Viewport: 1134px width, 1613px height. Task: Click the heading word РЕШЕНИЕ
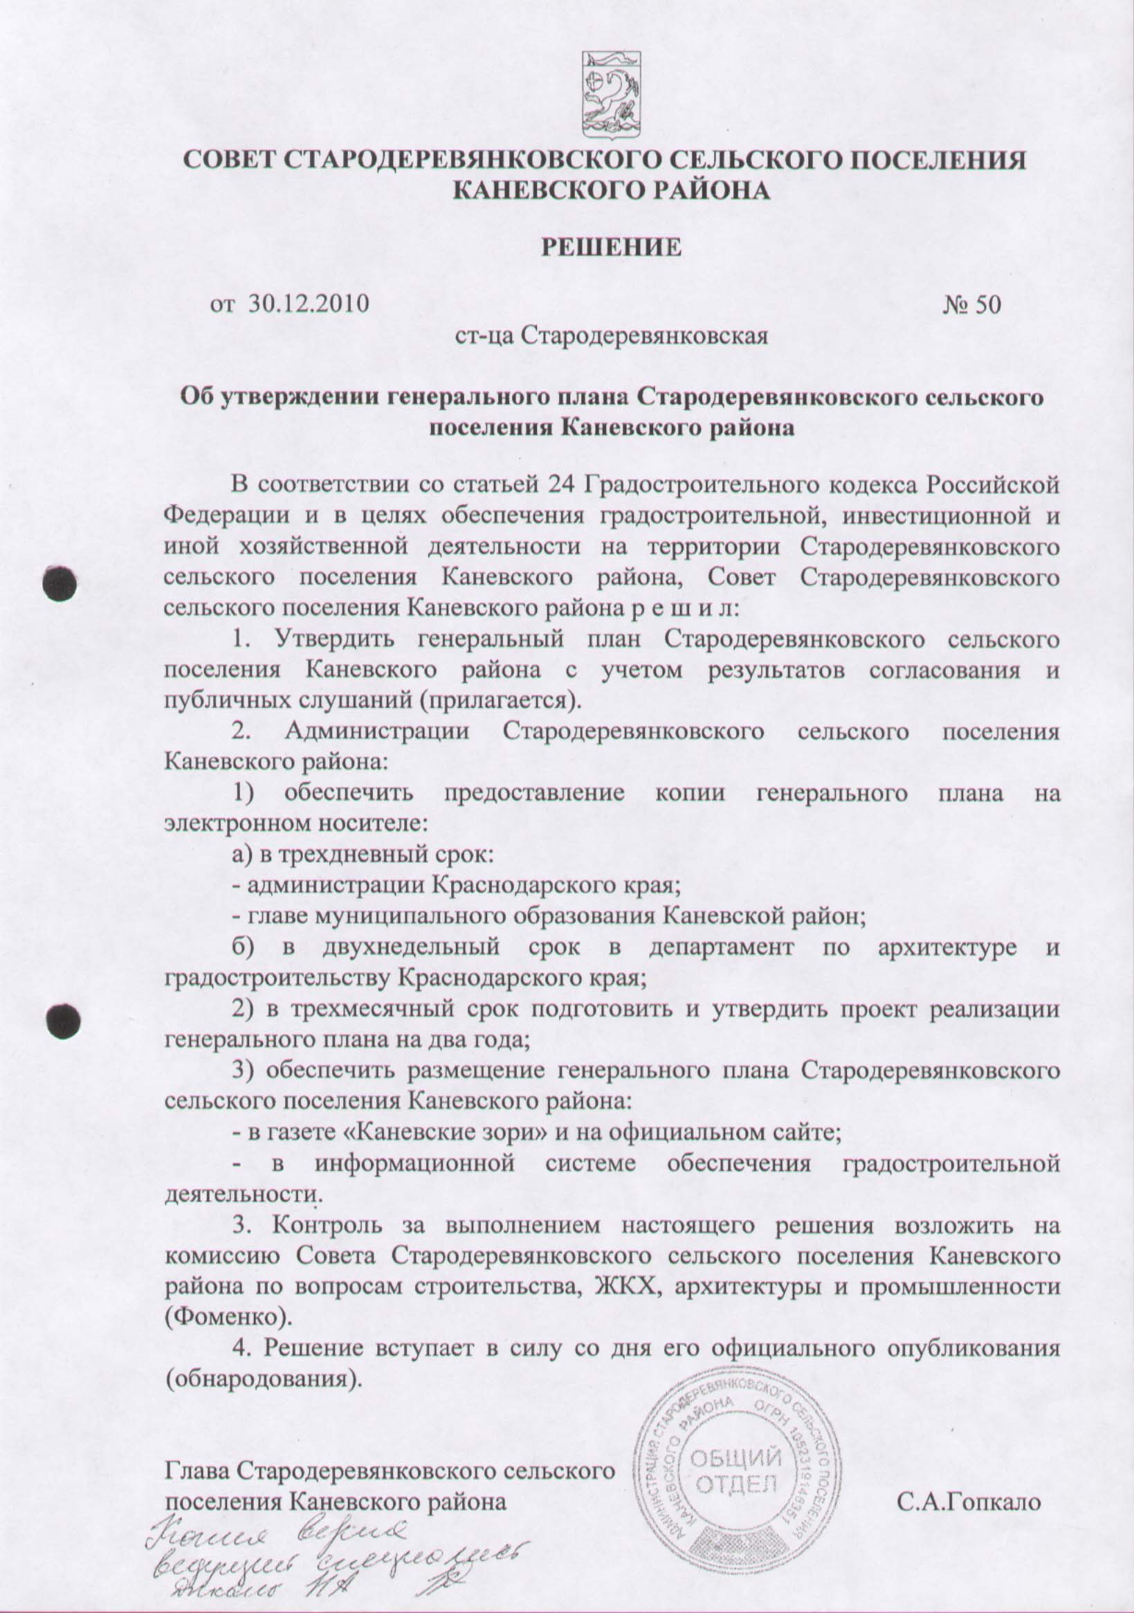(610, 247)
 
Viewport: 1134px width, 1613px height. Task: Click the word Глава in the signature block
(198, 1470)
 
